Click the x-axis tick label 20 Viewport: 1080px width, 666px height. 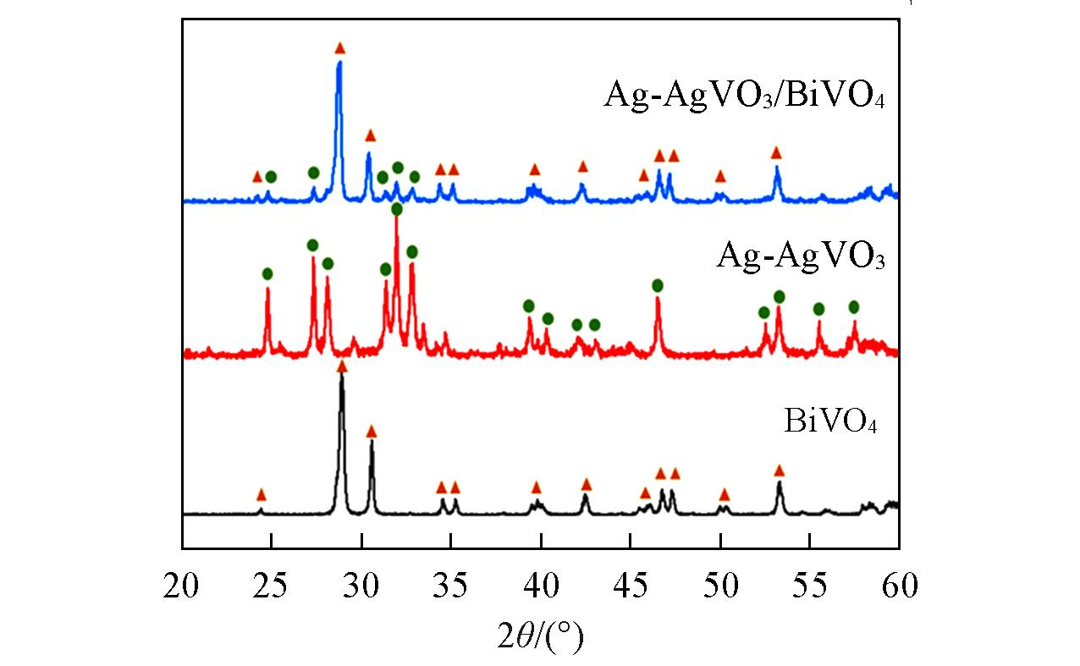point(182,585)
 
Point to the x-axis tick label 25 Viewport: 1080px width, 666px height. point(272,585)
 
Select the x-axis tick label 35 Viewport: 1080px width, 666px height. point(451,585)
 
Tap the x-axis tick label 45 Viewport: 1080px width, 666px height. point(631,585)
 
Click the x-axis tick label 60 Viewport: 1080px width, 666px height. point(898,585)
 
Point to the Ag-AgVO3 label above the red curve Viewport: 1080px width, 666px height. point(800,255)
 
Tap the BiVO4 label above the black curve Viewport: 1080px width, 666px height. point(829,421)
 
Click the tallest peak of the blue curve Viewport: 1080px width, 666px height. point(339,63)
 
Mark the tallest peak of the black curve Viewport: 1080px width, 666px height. point(342,374)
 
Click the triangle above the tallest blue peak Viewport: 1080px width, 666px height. point(340,48)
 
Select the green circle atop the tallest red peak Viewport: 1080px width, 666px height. point(396,208)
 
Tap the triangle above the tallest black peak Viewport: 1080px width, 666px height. point(342,366)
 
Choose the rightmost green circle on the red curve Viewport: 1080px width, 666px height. point(854,306)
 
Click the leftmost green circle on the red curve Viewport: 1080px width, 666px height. point(267,273)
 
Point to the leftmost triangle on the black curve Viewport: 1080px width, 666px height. point(261,494)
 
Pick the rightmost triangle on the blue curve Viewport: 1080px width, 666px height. point(776,152)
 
